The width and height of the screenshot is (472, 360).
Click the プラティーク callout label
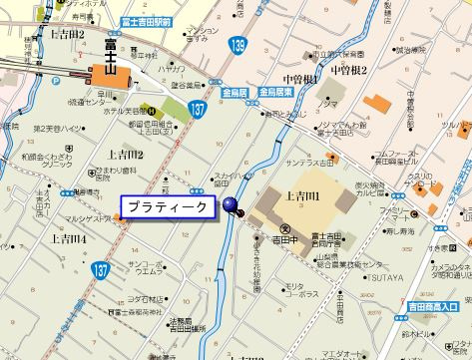167,206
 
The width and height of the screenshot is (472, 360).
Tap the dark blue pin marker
231,206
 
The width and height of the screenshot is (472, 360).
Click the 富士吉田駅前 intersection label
146,21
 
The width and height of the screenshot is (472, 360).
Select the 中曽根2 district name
350,70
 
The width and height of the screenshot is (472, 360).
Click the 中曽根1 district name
300,78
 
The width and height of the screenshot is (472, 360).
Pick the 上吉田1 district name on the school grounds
302,196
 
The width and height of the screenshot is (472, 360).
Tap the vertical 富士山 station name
110,53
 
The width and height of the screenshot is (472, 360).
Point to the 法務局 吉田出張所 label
182,327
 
